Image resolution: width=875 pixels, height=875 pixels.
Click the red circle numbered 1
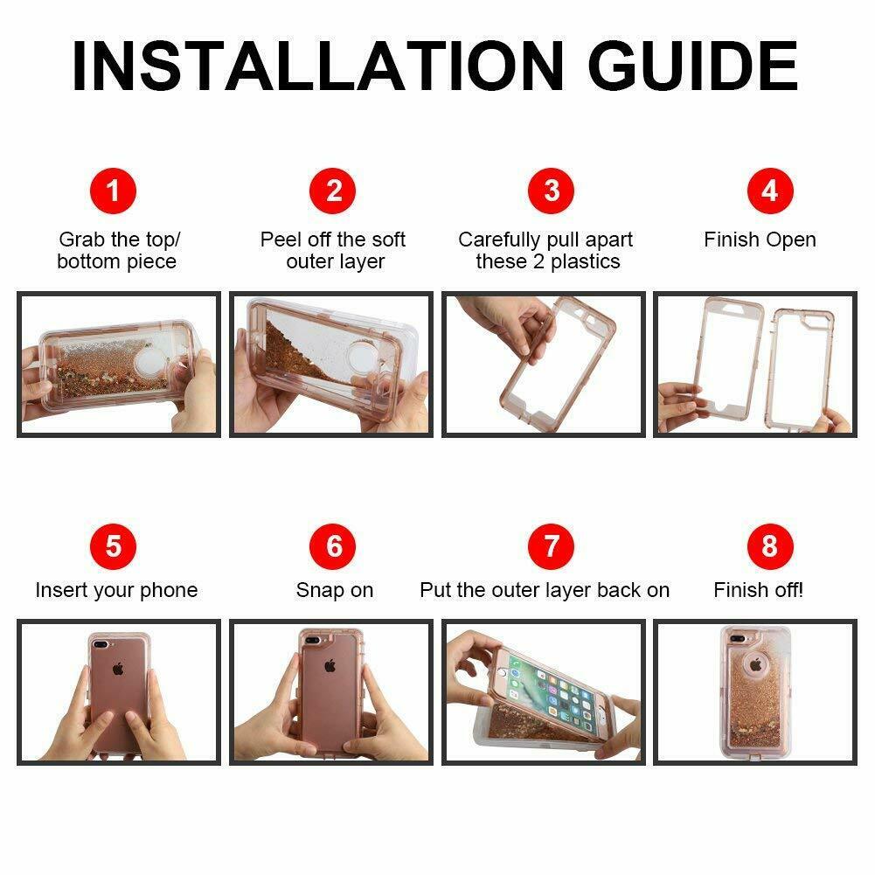pyautogui.click(x=114, y=191)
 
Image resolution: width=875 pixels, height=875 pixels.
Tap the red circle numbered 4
pyautogui.click(x=770, y=191)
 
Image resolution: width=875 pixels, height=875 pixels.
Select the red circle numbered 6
pyautogui.click(x=332, y=546)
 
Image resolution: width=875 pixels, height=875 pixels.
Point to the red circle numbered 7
pyautogui.click(x=552, y=546)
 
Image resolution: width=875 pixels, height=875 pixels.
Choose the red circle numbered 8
pyautogui.click(x=770, y=546)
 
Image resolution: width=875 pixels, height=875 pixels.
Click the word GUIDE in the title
pyautogui.click(x=693, y=66)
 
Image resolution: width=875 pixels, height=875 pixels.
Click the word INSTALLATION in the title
pyautogui.click(x=318, y=66)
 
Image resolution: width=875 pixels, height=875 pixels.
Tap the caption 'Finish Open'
pyautogui.click(x=760, y=240)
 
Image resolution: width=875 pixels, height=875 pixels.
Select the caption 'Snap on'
pyautogui.click(x=334, y=590)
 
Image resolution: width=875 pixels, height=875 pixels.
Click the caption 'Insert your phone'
pyautogui.click(x=116, y=590)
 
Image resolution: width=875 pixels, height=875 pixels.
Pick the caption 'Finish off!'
pyautogui.click(x=759, y=590)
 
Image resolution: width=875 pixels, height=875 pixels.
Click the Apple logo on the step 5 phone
pyautogui.click(x=118, y=668)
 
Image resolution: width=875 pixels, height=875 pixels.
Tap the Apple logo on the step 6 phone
pyautogui.click(x=330, y=664)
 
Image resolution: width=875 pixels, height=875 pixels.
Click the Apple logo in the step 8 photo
pyautogui.click(x=756, y=664)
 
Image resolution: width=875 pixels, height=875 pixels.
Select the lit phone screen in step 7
pyautogui.click(x=552, y=692)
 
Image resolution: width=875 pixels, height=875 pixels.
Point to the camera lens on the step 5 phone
pyautogui.click(x=101, y=644)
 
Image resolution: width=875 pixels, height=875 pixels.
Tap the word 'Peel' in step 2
pyautogui.click(x=281, y=240)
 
